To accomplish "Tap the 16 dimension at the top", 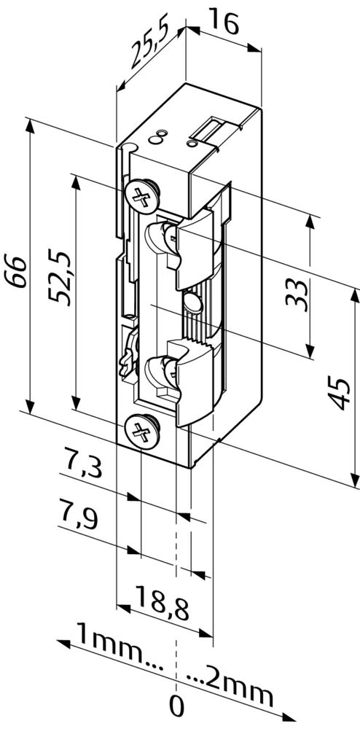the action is pos(224,21).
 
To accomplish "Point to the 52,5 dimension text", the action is pos(60,278).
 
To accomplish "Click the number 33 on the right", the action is pos(297,295).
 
